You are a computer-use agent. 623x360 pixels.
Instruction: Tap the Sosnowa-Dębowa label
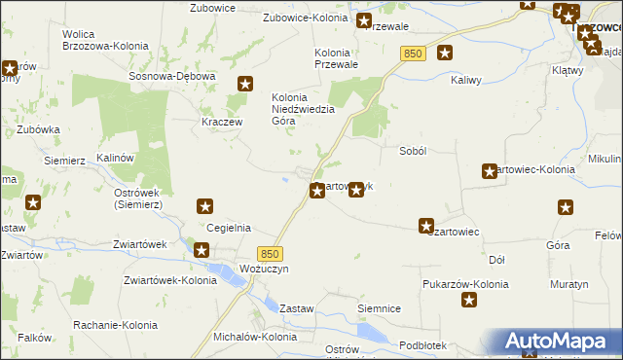[165, 76]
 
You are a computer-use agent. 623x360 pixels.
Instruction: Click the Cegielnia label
[229, 228]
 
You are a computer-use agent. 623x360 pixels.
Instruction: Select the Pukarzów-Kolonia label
[465, 284]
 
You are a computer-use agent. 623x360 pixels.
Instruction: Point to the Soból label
[415, 151]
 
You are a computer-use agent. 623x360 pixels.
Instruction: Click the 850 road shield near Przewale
[411, 55]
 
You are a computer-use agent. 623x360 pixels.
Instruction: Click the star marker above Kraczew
[244, 85]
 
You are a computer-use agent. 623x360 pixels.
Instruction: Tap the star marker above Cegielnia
[205, 205]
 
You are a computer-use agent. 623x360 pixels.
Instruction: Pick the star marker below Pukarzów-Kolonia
[468, 301]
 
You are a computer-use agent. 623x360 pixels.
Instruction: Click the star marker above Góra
[566, 206]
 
